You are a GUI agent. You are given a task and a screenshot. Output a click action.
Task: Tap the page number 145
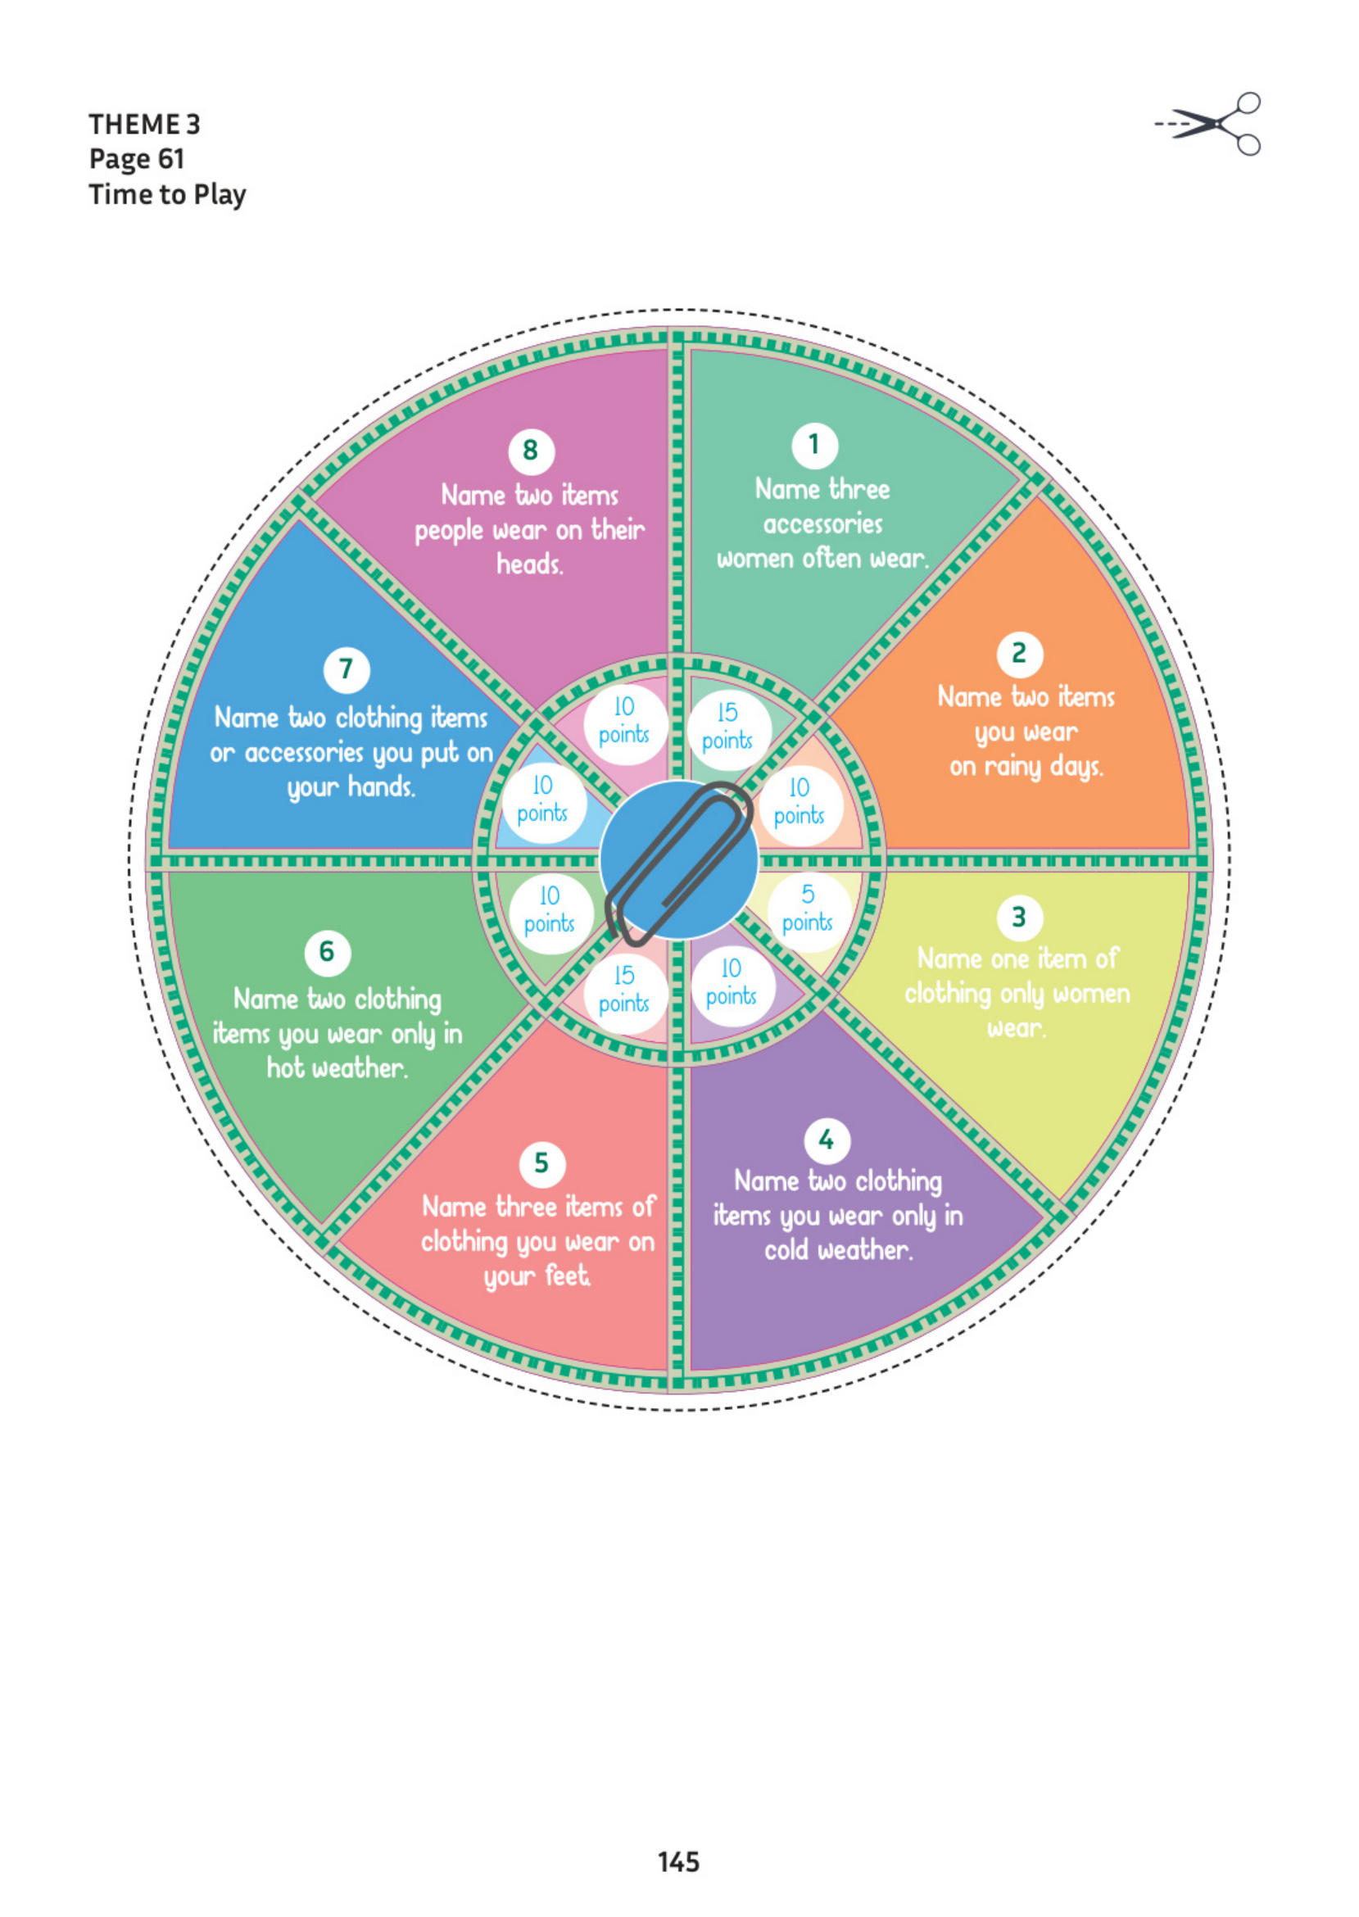click(x=677, y=1861)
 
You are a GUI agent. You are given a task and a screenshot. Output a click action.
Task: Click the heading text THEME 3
click(x=145, y=124)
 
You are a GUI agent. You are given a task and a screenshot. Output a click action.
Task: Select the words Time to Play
click(x=167, y=194)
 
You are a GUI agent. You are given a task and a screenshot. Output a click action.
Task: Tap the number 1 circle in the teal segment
click(x=814, y=445)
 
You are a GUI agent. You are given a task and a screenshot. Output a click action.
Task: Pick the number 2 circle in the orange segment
click(x=1019, y=654)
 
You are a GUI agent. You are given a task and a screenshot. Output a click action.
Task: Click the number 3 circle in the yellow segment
click(x=1018, y=917)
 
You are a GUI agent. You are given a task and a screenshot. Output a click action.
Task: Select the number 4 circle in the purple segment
click(x=827, y=1140)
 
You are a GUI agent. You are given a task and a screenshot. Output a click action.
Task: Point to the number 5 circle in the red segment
click(x=541, y=1164)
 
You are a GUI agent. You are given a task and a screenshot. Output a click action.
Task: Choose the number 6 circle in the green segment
click(x=327, y=952)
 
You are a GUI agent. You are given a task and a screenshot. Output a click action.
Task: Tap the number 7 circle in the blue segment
click(x=347, y=669)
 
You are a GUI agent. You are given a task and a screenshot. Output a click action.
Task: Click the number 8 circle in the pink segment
click(x=531, y=451)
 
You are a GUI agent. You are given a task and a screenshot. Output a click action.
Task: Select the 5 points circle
click(x=808, y=909)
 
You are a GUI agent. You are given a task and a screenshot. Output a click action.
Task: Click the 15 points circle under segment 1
click(x=727, y=727)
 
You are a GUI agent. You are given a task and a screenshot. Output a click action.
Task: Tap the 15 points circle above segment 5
click(x=623, y=989)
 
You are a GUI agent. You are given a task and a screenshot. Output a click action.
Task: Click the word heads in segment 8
click(x=530, y=564)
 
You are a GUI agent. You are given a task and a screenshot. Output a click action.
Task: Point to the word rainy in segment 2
click(x=1015, y=767)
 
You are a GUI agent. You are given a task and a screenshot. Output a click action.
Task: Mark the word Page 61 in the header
click(x=137, y=159)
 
